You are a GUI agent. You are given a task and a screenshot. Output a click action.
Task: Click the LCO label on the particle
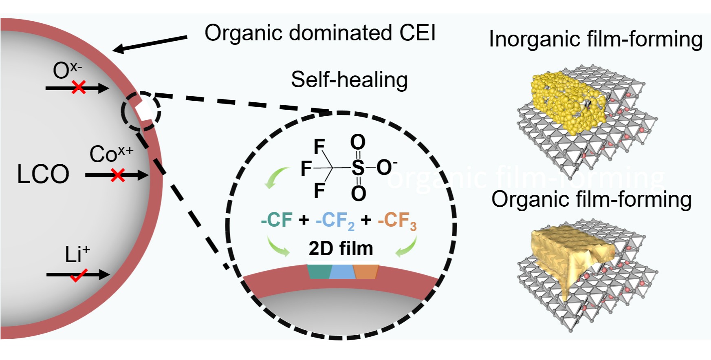tap(43, 174)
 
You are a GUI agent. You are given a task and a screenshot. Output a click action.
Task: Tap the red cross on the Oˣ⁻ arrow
tap(79, 87)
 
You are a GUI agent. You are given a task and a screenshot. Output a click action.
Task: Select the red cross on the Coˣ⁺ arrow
tap(118, 175)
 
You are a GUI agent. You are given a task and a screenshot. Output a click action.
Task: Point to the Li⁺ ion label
tap(77, 254)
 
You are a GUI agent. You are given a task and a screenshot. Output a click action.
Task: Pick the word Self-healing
tap(349, 80)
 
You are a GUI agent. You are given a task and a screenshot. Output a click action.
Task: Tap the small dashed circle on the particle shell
tap(141, 111)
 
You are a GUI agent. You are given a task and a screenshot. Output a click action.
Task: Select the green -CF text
tap(277, 220)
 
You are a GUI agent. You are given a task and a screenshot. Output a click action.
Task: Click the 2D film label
tap(341, 248)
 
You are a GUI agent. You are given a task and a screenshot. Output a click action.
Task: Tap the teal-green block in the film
tap(319, 272)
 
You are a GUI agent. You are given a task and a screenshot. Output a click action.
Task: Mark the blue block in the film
tap(342, 272)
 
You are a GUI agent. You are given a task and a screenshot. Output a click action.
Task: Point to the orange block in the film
tap(366, 272)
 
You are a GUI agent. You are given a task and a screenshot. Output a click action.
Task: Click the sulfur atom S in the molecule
tap(358, 167)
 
